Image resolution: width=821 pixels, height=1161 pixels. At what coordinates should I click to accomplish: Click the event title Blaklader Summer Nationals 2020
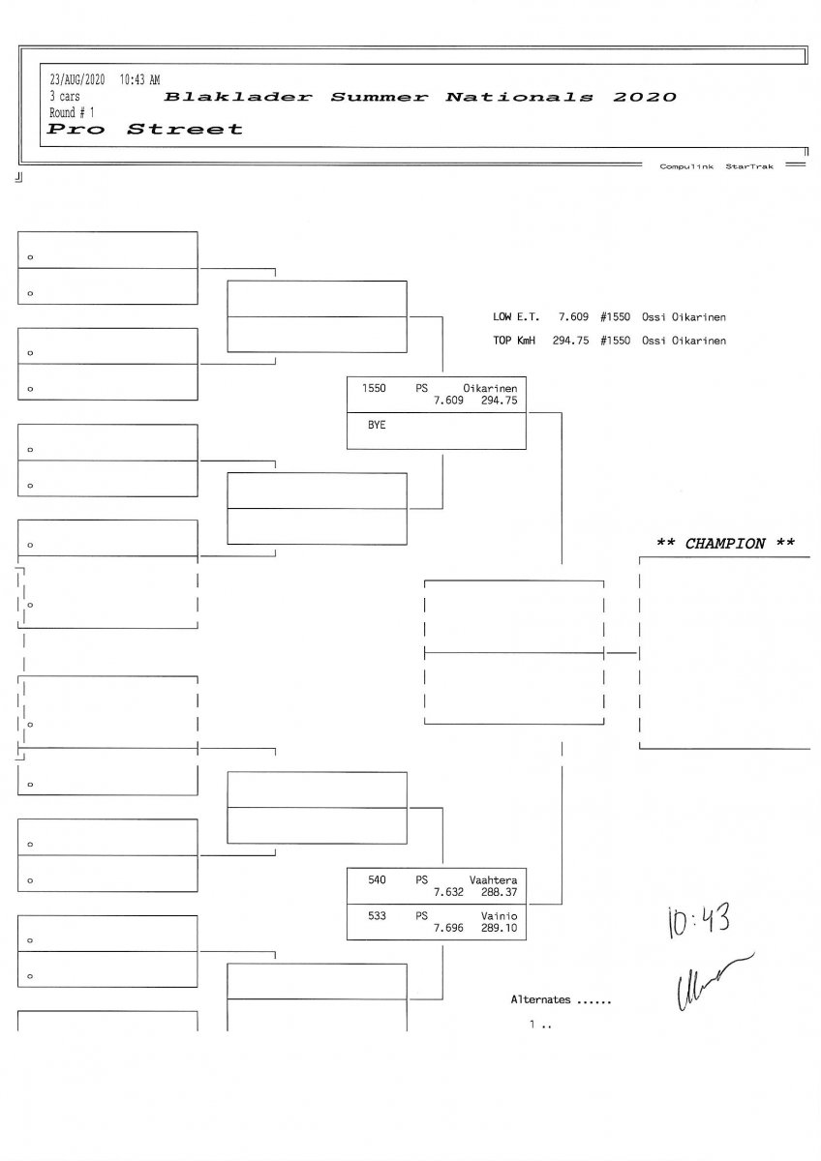point(420,98)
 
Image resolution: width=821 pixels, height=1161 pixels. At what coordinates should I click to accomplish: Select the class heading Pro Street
point(145,130)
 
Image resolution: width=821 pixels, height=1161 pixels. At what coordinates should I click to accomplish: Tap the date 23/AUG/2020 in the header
point(76,79)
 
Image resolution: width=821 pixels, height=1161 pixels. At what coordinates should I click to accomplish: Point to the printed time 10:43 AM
point(140,79)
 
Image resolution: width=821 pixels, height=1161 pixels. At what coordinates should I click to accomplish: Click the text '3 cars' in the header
point(65,96)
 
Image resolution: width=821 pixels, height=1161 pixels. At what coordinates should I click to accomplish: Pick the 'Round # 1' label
point(72,112)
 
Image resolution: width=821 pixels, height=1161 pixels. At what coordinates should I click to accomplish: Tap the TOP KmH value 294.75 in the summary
point(571,341)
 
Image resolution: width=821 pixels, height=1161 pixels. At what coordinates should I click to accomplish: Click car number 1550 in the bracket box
point(374,388)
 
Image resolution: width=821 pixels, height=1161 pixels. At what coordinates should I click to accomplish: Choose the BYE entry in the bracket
point(376,425)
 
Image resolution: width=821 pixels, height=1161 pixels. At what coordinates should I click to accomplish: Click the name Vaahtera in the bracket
point(493,879)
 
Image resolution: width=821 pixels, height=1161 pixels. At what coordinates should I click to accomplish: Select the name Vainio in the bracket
point(499,915)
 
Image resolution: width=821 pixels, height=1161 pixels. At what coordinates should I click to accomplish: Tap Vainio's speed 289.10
point(499,928)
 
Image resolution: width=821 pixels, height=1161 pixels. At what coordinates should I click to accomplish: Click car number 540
point(377,879)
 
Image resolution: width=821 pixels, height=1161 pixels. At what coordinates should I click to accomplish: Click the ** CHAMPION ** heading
point(726,544)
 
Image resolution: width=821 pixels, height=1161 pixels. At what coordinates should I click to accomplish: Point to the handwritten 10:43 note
point(698,921)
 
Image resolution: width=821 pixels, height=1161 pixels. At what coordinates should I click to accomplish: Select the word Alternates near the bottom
point(540,999)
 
